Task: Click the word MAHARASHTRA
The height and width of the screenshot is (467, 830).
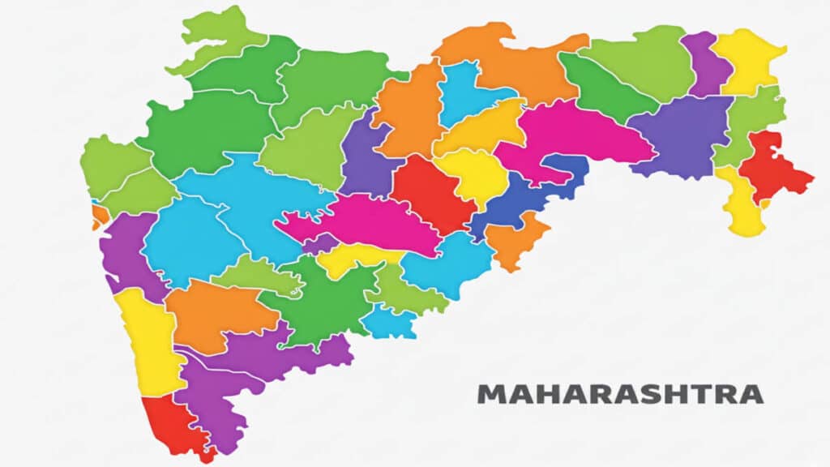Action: click(620, 395)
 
